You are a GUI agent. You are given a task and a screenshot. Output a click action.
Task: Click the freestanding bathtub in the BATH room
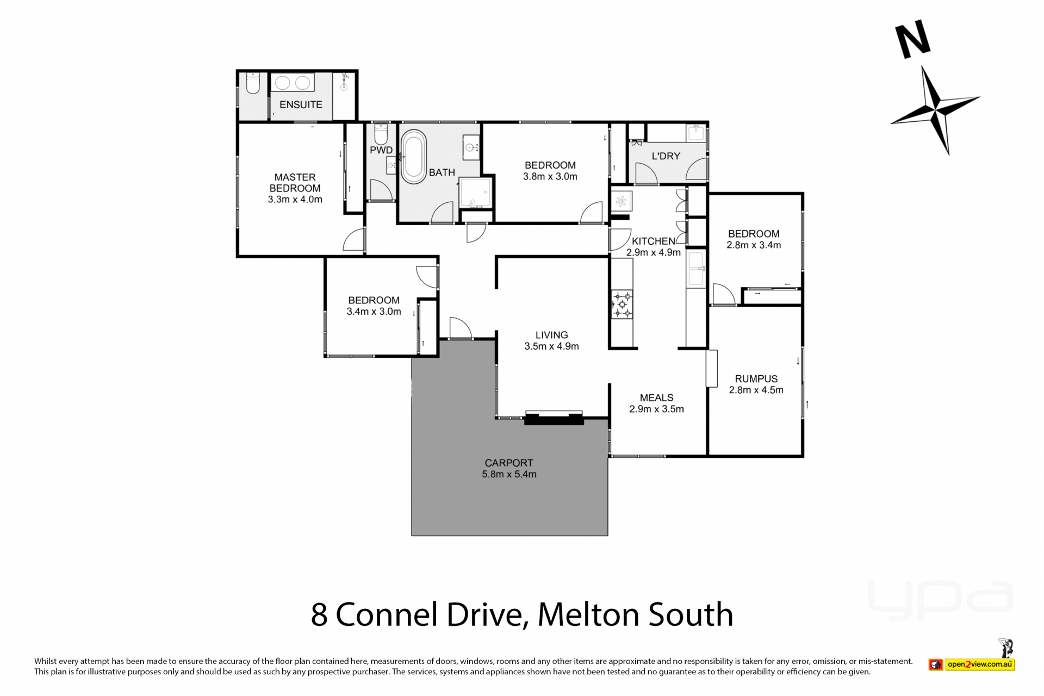tap(413, 157)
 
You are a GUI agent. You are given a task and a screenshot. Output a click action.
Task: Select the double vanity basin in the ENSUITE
tap(293, 83)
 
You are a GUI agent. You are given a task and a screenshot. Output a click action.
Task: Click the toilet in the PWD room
tap(381, 134)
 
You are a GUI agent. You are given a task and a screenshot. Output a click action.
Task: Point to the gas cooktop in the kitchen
tap(622, 304)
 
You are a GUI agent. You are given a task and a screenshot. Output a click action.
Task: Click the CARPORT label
tap(509, 463)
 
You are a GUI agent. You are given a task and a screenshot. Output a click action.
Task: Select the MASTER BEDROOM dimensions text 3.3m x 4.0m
tap(295, 200)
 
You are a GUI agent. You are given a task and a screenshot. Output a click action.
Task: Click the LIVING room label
tap(551, 335)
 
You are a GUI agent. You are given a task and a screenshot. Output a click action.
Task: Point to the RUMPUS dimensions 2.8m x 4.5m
tap(756, 390)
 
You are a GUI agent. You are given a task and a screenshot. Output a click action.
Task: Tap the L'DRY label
tap(666, 156)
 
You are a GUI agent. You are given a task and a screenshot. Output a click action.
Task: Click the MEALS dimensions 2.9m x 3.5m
tap(656, 409)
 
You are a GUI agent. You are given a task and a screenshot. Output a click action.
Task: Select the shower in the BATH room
tap(475, 192)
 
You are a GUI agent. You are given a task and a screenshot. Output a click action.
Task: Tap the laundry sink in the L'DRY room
tap(696, 133)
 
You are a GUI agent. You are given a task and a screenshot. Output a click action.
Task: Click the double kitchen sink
tap(695, 269)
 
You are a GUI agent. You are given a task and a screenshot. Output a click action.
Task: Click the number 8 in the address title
tap(319, 615)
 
